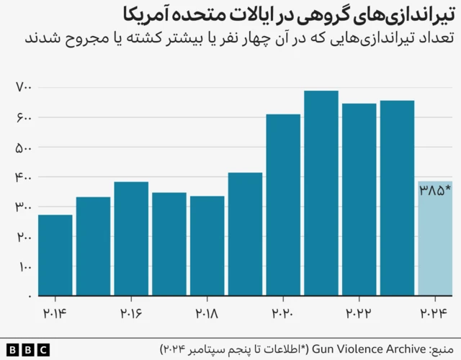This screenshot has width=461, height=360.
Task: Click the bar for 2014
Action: [x=55, y=255]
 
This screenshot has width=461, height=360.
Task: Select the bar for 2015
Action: [x=93, y=246]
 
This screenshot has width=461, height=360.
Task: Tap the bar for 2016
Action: [x=131, y=238]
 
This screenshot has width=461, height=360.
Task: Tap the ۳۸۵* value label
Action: [x=434, y=191]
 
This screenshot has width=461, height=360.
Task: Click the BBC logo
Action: [x=25, y=350]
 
